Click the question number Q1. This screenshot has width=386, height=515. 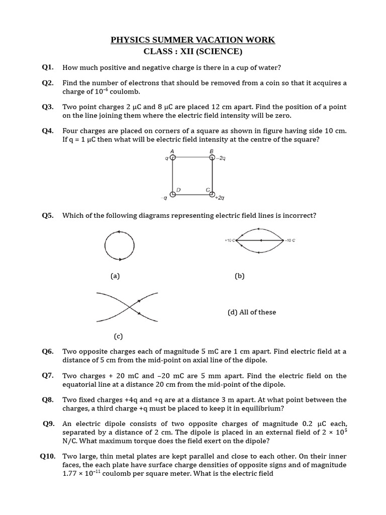tap(48, 67)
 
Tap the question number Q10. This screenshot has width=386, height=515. tap(48, 456)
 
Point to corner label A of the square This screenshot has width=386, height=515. tap(172, 151)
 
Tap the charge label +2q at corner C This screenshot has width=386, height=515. tap(219, 198)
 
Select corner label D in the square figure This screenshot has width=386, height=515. tap(178, 190)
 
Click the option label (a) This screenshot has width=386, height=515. tap(115, 276)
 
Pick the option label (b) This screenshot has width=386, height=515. tap(239, 276)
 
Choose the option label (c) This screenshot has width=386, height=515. tap(118, 336)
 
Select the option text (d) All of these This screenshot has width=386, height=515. tap(252, 312)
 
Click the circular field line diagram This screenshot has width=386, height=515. tap(120, 245)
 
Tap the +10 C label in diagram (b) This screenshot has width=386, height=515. tap(230, 240)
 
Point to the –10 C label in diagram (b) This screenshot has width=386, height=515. tap(290, 240)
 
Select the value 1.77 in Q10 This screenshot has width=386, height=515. tap(70, 474)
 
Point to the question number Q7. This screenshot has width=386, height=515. tap(48, 376)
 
